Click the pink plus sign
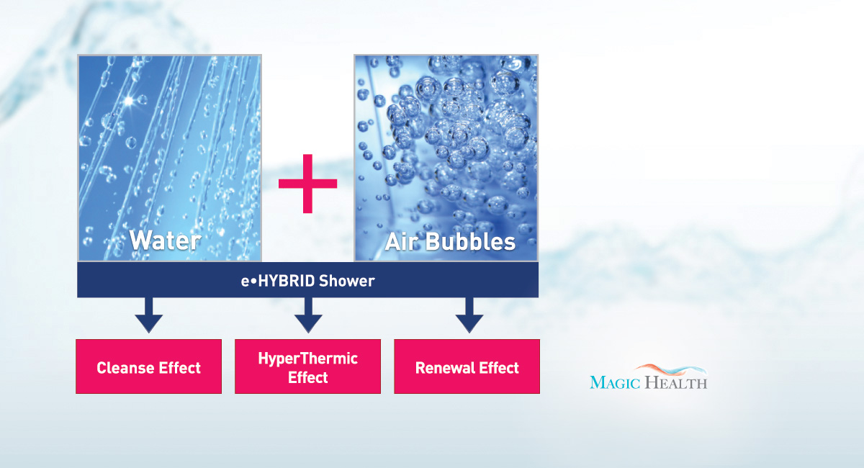pyautogui.click(x=307, y=184)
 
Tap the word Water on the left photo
pyautogui.click(x=165, y=240)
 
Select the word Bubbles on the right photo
pyautogui.click(x=471, y=241)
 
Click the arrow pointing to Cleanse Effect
pyautogui.click(x=148, y=315)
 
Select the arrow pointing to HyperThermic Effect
pyautogui.click(x=308, y=315)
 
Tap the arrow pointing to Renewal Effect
pyautogui.click(x=469, y=315)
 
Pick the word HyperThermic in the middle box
pyautogui.click(x=308, y=359)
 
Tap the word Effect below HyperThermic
pyautogui.click(x=308, y=377)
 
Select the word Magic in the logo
pyautogui.click(x=615, y=382)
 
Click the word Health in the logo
pyautogui.click(x=676, y=382)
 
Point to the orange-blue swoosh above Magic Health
pyautogui.click(x=671, y=370)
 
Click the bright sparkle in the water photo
pyautogui.click(x=128, y=101)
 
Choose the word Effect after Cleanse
pyautogui.click(x=180, y=368)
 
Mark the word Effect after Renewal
pyautogui.click(x=499, y=368)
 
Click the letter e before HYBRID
pyautogui.click(x=245, y=282)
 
